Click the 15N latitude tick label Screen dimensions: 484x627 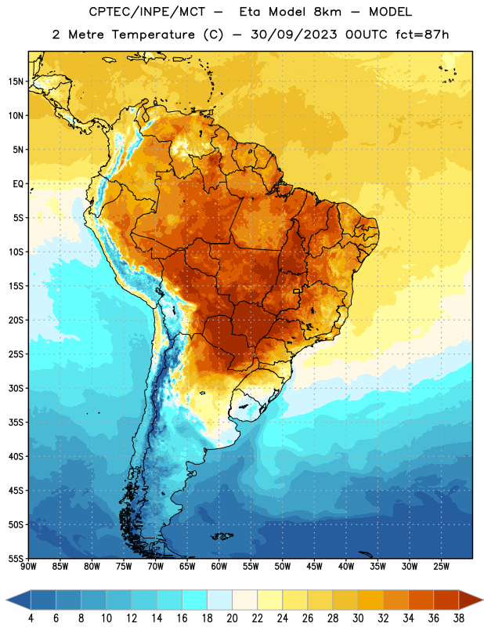tap(16, 82)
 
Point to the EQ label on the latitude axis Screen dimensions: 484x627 tap(18, 184)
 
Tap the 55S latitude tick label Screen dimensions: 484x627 tap(16, 559)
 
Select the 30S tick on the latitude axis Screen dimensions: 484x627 tap(16, 388)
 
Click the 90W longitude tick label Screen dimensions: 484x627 tap(28, 567)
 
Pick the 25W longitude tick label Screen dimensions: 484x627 tap(441, 567)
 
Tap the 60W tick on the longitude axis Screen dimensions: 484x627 tap(219, 567)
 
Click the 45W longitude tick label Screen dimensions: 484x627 tap(315, 567)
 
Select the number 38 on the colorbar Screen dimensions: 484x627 tap(458, 618)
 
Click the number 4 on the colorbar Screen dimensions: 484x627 tap(31, 618)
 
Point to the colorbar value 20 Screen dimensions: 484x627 tap(232, 618)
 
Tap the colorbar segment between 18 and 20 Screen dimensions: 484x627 tap(219, 600)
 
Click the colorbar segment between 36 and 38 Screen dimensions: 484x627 tap(446, 600)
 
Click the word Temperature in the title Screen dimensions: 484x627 tap(153, 34)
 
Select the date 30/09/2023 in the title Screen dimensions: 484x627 tap(294, 34)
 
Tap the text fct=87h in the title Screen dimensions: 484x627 tap(422, 34)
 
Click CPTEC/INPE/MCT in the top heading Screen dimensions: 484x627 tap(146, 12)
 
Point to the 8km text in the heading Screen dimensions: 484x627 tap(327, 12)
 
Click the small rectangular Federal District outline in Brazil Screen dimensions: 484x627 tap(297, 291)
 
